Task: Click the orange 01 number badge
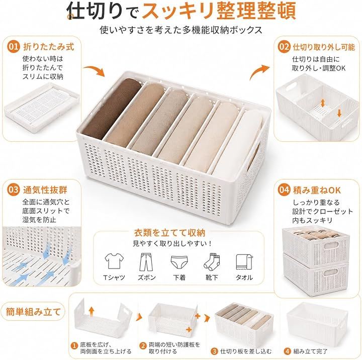(14, 46)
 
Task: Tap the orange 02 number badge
(284, 46)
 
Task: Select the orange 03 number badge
(14, 190)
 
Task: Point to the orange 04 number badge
(284, 190)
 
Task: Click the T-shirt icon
(114, 261)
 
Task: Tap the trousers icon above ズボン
(146, 262)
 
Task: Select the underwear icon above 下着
(179, 261)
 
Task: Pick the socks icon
(212, 262)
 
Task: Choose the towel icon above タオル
(244, 262)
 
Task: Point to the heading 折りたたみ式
(49, 47)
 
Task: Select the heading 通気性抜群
(45, 190)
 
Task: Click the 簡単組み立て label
(33, 312)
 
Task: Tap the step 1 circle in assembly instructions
(74, 346)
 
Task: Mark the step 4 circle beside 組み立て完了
(287, 351)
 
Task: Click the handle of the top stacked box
(331, 245)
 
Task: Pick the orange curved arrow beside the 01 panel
(94, 70)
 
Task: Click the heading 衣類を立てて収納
(170, 233)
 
